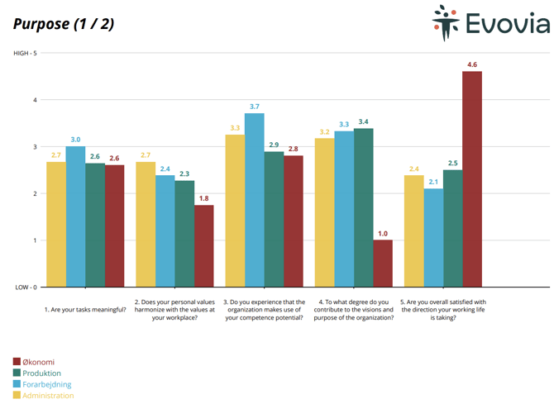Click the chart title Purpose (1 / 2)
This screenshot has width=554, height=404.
pyautogui.click(x=64, y=23)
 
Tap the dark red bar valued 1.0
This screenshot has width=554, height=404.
pyautogui.click(x=383, y=264)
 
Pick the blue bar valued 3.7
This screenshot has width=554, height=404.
pyautogui.click(x=254, y=200)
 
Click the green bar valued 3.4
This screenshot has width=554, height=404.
pyautogui.click(x=363, y=207)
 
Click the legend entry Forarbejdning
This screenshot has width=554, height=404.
pyautogui.click(x=46, y=384)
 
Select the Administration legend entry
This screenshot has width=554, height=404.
pyautogui.click(x=48, y=396)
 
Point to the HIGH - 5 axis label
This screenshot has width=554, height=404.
pyautogui.click(x=25, y=53)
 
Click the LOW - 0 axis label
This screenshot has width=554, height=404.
pyautogui.click(x=25, y=288)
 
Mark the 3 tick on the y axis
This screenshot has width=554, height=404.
pyautogui.click(x=35, y=147)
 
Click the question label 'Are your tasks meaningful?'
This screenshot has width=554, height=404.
pyautogui.click(x=85, y=310)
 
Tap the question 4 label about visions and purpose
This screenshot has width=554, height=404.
pyautogui.click(x=354, y=310)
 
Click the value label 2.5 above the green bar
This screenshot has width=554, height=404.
pyautogui.click(x=452, y=163)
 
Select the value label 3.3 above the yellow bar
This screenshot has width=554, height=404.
pyautogui.click(x=235, y=127)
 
